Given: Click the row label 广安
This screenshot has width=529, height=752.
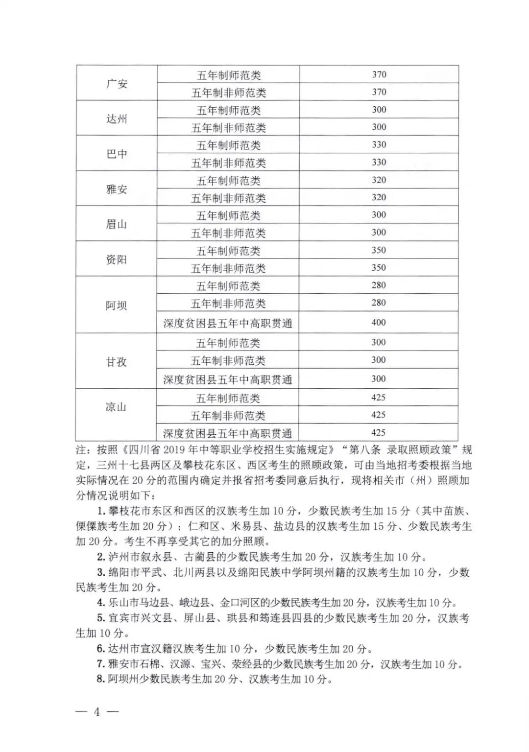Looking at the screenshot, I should click(x=117, y=84).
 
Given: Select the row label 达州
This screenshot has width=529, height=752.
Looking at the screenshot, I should click(x=117, y=119).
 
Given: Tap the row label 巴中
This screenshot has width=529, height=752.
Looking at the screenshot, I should click(x=117, y=154).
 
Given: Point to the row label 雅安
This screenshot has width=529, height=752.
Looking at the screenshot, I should click(x=117, y=189).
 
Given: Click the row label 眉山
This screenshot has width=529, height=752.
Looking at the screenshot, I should click(x=117, y=224).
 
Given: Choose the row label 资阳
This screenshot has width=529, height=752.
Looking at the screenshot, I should click(x=117, y=259).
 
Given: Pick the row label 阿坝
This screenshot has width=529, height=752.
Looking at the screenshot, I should click(x=117, y=305).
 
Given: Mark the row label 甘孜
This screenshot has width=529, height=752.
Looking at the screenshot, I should click(x=117, y=362).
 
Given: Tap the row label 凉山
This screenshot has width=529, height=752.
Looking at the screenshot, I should click(x=116, y=407).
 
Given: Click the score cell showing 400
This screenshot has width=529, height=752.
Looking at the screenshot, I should click(x=379, y=323).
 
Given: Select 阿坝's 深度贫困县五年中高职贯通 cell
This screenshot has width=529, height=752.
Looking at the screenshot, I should click(x=228, y=323).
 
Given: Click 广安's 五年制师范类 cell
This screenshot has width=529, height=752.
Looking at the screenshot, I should click(x=229, y=75).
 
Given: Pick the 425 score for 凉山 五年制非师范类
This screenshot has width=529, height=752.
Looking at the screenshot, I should click(x=378, y=415).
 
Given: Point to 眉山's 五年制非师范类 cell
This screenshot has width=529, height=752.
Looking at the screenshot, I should click(x=228, y=234).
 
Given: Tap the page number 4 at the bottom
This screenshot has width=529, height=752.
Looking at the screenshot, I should click(x=97, y=712).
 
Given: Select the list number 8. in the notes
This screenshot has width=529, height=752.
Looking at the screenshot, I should click(x=100, y=679).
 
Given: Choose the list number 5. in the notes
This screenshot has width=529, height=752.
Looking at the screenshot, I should click(x=100, y=618).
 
